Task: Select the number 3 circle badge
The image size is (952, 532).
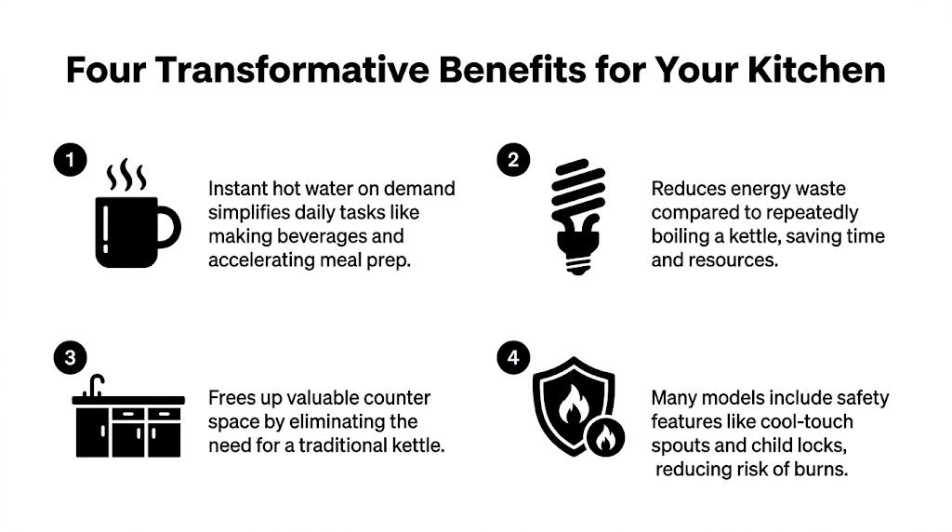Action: tap(67, 356)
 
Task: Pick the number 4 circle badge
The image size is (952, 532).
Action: tap(512, 356)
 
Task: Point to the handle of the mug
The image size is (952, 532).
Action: tap(168, 227)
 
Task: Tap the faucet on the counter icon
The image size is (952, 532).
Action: tap(95, 386)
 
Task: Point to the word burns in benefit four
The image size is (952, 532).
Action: tap(822, 469)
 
